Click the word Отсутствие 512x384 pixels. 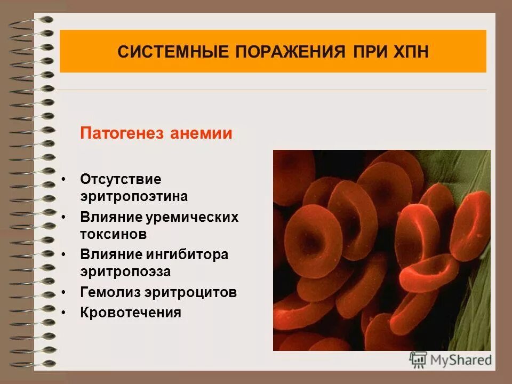point(121,179)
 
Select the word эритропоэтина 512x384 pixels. point(134,196)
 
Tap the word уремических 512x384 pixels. point(200,218)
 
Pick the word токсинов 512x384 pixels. point(113,234)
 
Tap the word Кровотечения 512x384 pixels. point(131,313)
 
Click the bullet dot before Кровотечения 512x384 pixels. point(64,313)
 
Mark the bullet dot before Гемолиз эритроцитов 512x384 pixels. point(64,292)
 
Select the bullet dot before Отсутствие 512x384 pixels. point(64,179)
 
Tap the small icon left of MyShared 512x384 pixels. point(418,359)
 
